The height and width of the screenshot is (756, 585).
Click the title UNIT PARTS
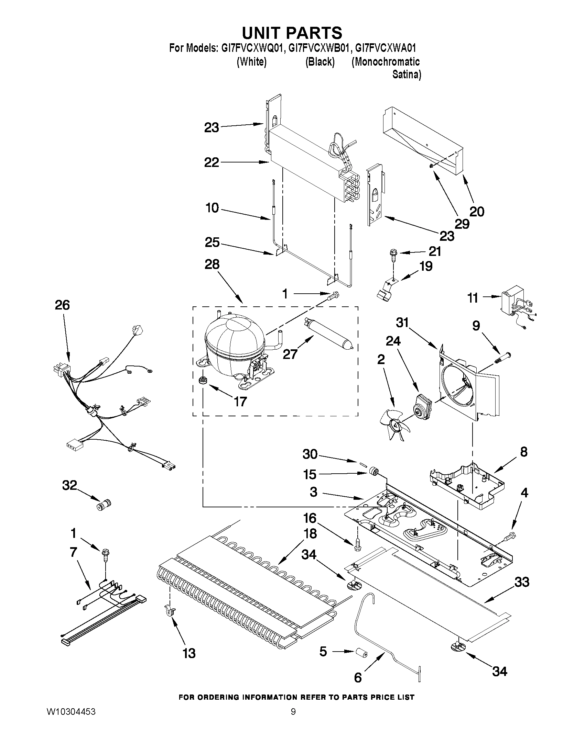[x=292, y=33]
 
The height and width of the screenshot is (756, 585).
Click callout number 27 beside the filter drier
[x=290, y=354]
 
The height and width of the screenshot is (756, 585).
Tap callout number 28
[x=212, y=264]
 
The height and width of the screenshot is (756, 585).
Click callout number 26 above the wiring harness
[x=62, y=305]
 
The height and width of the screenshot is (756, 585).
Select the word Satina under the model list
[x=406, y=75]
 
